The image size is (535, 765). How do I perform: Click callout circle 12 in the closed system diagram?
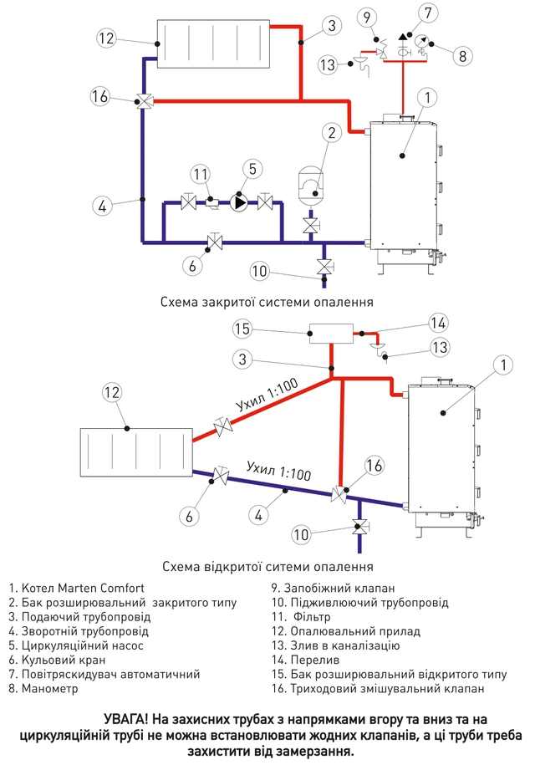click(x=105, y=38)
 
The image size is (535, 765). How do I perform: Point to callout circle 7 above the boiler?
click(x=429, y=13)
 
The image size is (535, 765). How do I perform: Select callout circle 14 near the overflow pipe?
click(x=438, y=323)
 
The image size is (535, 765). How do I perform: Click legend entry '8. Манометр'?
click(x=43, y=691)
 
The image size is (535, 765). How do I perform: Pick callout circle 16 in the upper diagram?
click(x=100, y=97)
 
